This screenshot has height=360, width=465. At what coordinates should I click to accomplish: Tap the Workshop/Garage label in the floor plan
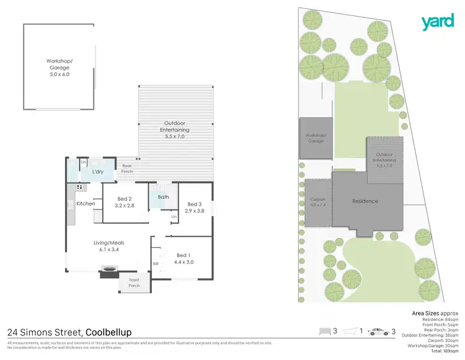point(60,64)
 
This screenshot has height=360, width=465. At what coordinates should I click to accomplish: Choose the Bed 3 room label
point(193,207)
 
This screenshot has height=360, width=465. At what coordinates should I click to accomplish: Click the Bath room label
point(163,197)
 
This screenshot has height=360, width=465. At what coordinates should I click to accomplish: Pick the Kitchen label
point(86,203)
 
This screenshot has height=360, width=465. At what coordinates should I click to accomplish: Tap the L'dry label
point(97,172)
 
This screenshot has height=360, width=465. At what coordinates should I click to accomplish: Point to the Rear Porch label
point(126,169)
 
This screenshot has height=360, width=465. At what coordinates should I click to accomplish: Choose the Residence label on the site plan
point(365,201)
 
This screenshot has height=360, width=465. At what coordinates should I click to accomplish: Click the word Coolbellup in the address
point(108,332)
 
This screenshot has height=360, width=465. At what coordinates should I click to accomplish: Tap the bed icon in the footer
point(325,332)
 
